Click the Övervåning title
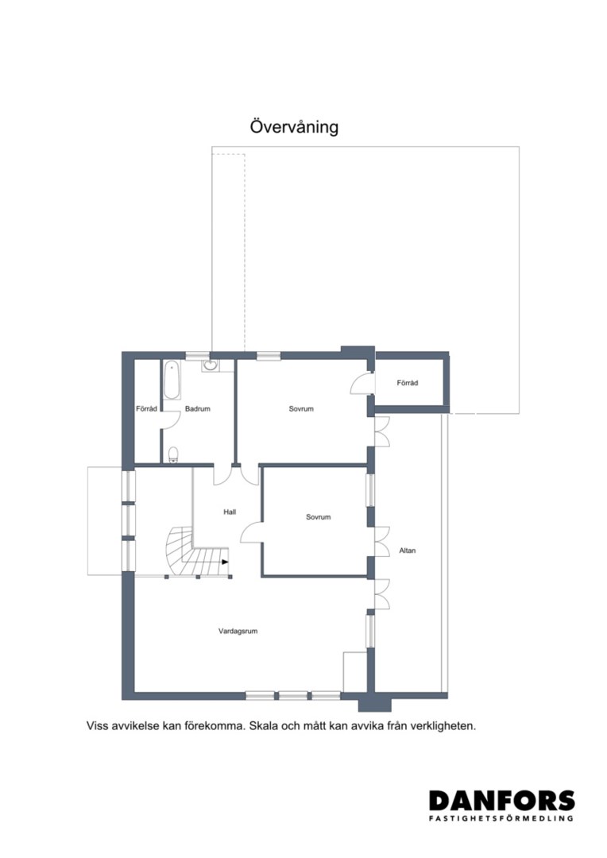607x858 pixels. click(x=294, y=126)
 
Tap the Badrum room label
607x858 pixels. click(x=198, y=409)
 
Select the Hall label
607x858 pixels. click(x=230, y=512)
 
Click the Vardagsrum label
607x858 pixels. click(x=238, y=631)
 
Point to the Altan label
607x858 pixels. click(x=408, y=551)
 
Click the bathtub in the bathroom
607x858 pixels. click(x=172, y=380)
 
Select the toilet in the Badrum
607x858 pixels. click(x=173, y=454)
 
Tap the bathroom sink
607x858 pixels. click(x=211, y=365)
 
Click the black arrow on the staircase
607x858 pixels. click(x=225, y=562)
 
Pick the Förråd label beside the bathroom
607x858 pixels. click(x=147, y=409)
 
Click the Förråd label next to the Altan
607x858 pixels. click(x=408, y=383)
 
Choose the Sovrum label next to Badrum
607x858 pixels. click(x=301, y=409)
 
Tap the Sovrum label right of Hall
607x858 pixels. click(x=318, y=516)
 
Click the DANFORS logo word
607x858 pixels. click(x=502, y=801)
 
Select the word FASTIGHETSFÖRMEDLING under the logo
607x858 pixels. click(x=502, y=818)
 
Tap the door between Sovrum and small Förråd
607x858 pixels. click(x=360, y=382)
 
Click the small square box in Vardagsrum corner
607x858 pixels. click(x=354, y=671)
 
